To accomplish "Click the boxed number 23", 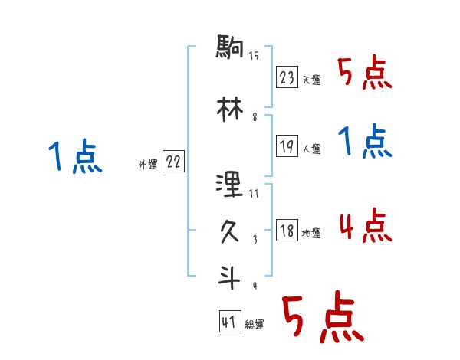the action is pyautogui.click(x=287, y=78).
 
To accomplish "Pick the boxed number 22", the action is pyautogui.click(x=173, y=162).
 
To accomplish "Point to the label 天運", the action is pyautogui.click(x=311, y=80).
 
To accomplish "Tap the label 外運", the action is pyautogui.click(x=147, y=164).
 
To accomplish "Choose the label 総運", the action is pyautogui.click(x=255, y=325).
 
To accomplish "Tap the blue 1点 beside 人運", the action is pyautogui.click(x=364, y=143).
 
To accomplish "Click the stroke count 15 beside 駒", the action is pyautogui.click(x=254, y=55).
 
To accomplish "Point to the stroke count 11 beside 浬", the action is pyautogui.click(x=254, y=194).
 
